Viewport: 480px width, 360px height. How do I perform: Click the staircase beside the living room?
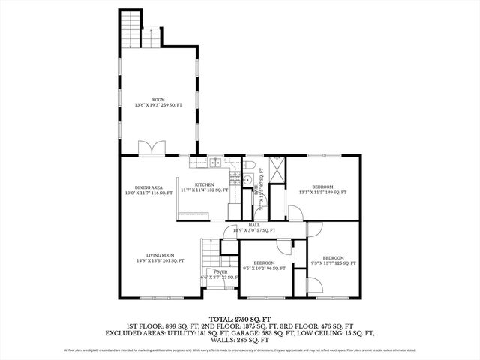pyautogui.click(x=208, y=252)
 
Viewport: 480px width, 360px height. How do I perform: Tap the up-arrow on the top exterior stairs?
pyautogui.click(x=151, y=31)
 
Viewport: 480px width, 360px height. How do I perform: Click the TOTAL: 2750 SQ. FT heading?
pyautogui.click(x=239, y=318)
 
